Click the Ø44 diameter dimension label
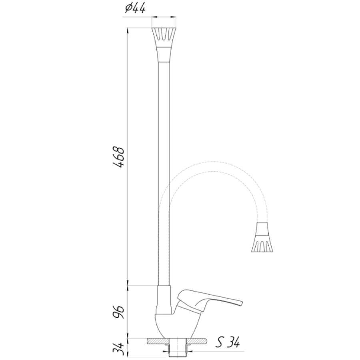[x=135, y=8]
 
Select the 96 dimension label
[x=119, y=312]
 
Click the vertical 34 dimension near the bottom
[x=119, y=349]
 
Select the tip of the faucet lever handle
[x=242, y=303]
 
